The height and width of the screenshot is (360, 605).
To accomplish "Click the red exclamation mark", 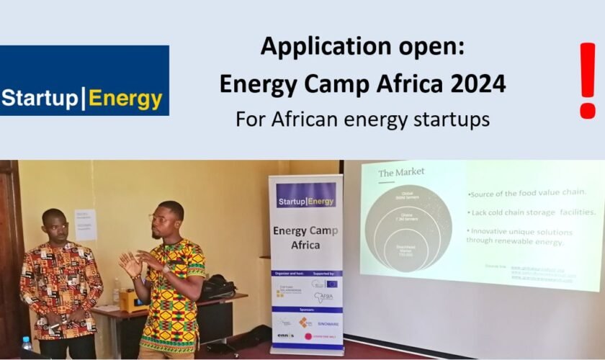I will point(588,80).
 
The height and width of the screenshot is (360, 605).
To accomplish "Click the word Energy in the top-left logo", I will point(127,99).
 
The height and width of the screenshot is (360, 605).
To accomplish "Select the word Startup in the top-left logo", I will point(40,99).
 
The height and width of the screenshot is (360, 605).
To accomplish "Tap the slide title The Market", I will point(402,172).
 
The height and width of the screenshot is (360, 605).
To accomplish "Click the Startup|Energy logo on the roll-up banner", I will point(306,201).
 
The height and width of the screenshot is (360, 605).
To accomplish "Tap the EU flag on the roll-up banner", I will point(331,284).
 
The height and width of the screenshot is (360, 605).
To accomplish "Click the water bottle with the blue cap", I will point(27,346).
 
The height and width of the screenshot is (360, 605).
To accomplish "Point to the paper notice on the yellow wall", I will point(85,225).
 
